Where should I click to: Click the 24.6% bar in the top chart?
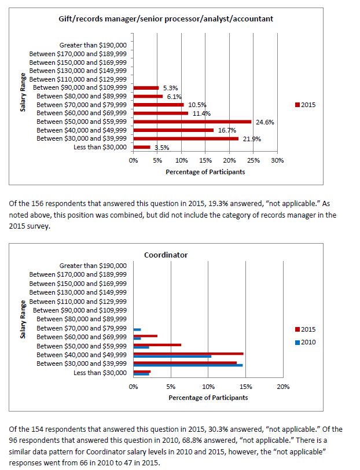[192, 122]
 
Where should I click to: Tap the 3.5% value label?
[161, 148]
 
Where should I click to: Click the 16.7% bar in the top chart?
[173, 130]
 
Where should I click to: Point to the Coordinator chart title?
[166, 255]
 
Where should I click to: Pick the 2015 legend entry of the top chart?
[305, 105]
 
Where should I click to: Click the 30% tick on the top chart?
[277, 160]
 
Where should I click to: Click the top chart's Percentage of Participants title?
[205, 172]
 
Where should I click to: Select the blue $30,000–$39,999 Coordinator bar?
[188, 365]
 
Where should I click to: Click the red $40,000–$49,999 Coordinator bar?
[188, 353]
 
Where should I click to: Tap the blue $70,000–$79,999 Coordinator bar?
[137, 329]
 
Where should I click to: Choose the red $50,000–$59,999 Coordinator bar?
[157, 344]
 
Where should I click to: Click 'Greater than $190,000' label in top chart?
[93, 45]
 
